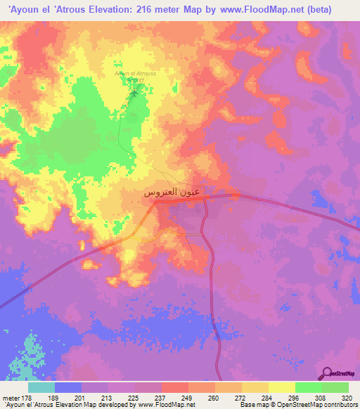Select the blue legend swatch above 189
(x=68, y=387)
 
